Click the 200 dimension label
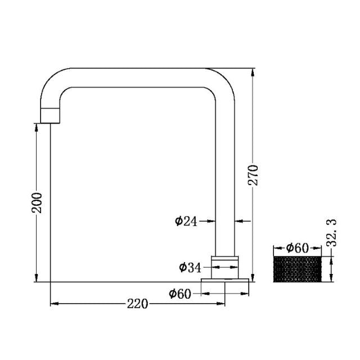click(37, 202)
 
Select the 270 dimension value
click(253, 175)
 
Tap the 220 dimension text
click(137, 304)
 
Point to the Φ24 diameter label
click(186, 221)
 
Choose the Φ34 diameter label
click(190, 267)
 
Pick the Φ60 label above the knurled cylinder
click(298, 247)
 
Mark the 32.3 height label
click(332, 233)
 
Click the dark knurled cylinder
click(297, 269)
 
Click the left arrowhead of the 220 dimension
click(55, 304)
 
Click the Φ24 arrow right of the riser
click(238, 221)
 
